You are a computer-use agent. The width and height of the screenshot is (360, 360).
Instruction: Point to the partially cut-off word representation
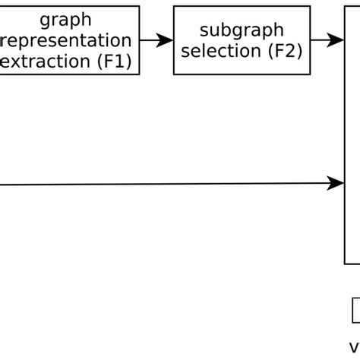tap(67, 40)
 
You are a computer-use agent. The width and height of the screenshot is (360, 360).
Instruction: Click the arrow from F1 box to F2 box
tap(156, 40)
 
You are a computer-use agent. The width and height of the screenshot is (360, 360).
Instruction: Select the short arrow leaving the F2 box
tap(327, 40)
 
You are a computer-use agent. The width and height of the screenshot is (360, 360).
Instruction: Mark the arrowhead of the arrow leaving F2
tap(338, 40)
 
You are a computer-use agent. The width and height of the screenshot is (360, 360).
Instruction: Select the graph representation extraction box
tap(70, 40)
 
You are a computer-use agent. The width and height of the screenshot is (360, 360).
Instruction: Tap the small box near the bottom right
tap(355, 311)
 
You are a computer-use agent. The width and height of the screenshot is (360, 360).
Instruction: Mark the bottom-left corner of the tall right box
tap(345, 264)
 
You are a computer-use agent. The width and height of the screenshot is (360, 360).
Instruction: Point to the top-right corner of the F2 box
tap(311, 7)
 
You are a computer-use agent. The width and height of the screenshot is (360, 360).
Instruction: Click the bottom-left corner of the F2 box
tap(174, 74)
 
